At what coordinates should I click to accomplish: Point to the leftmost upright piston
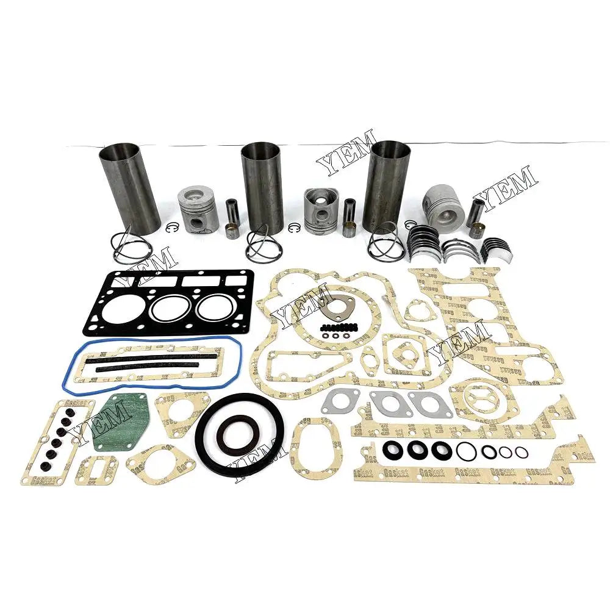tap(197, 209)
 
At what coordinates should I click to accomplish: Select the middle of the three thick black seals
tap(418, 451)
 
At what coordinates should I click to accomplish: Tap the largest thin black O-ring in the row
tap(467, 451)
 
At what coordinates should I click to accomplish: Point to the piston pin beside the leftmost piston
tap(232, 216)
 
